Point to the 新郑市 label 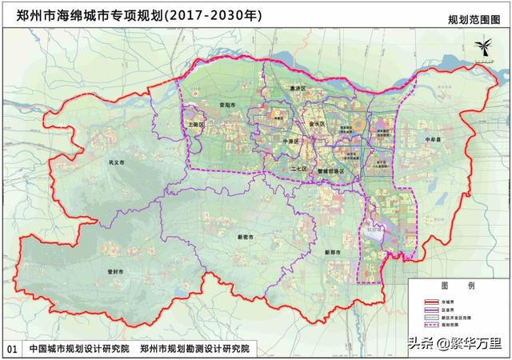coord(334,253)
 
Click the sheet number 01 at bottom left coord(11,349)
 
